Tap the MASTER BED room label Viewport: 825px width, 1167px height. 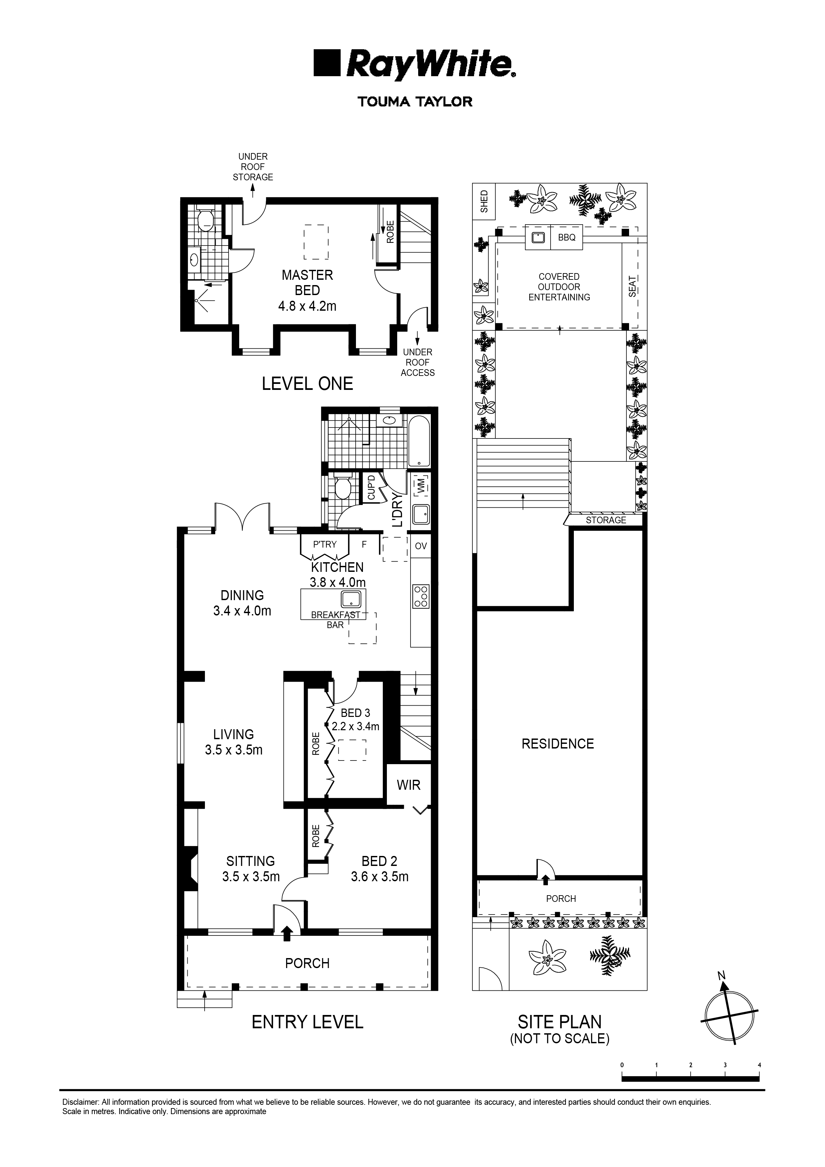pyautogui.click(x=307, y=282)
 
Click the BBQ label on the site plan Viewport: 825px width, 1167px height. pyautogui.click(x=567, y=238)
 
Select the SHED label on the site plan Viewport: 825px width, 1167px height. pyautogui.click(x=484, y=202)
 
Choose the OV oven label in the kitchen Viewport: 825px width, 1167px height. pyautogui.click(x=420, y=546)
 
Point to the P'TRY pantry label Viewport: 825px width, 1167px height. pyautogui.click(x=325, y=544)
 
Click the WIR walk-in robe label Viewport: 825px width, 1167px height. pyautogui.click(x=409, y=785)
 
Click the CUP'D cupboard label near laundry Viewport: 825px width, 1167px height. pyautogui.click(x=371, y=487)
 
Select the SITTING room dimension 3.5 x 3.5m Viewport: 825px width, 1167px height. pyautogui.click(x=251, y=877)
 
